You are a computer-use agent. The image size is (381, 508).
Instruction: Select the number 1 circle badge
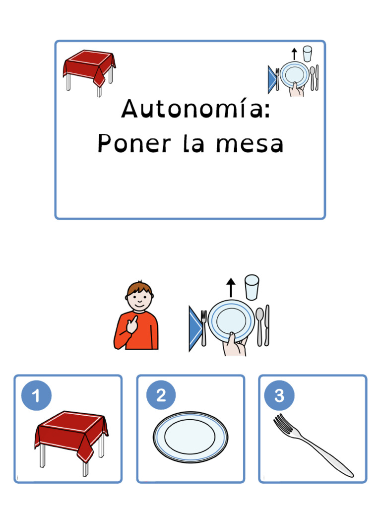(36, 396)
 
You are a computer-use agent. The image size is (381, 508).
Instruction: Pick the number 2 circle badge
(161, 396)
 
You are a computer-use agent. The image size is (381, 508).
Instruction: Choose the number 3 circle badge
(279, 396)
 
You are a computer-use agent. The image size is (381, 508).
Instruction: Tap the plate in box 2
(190, 437)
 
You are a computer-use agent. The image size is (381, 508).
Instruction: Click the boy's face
(139, 297)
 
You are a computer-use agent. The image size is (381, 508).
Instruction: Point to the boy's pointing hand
(131, 324)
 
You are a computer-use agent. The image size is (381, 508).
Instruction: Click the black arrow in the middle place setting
(231, 287)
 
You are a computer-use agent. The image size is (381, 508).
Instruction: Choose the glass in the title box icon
(308, 53)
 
